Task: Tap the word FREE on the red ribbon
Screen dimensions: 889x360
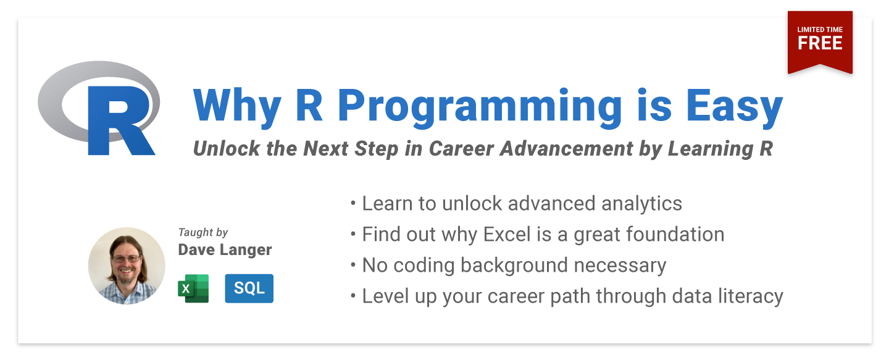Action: [820, 43]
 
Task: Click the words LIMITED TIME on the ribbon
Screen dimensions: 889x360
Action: [820, 30]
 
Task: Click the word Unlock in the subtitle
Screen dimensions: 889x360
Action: [226, 148]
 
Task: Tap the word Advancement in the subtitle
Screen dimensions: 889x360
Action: [566, 148]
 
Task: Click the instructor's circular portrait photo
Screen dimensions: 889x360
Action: [127, 266]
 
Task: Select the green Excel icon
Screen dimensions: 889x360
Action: [193, 288]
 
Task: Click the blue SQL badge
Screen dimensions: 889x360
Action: [249, 288]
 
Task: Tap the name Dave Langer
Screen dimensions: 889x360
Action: [225, 249]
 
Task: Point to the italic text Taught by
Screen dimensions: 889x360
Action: [202, 232]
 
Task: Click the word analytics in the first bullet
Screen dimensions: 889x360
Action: [641, 204]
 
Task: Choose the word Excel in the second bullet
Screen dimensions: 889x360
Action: [507, 234]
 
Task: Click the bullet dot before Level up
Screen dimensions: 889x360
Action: [353, 296]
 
